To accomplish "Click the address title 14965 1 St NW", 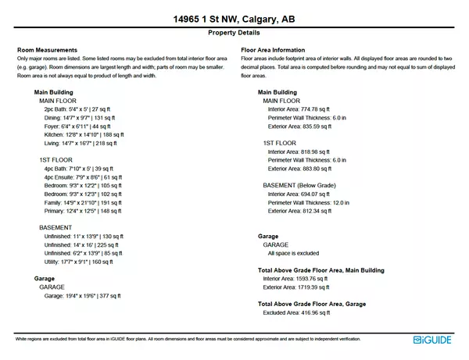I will [x=234, y=18].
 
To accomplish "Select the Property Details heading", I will [x=234, y=34].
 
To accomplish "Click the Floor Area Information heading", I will [x=273, y=50].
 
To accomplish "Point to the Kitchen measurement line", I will [x=79, y=134].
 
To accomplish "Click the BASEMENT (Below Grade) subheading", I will [x=299, y=185].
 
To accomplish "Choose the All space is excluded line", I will [x=293, y=253].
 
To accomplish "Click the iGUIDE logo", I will [x=432, y=339].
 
